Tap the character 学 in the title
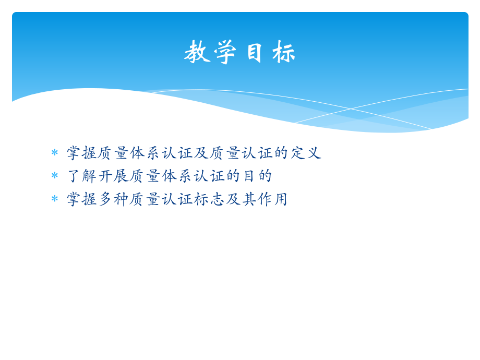click(x=225, y=53)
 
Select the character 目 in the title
click(x=255, y=53)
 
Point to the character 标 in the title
click(x=283, y=53)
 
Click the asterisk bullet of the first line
click(x=54, y=153)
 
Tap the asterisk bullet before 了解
click(x=54, y=176)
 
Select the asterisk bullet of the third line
click(x=54, y=199)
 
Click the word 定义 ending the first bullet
click(x=305, y=153)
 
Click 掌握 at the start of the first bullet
click(x=82, y=153)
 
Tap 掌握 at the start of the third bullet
click(x=82, y=199)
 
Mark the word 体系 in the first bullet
click(x=146, y=153)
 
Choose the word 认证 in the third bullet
click(x=177, y=199)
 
